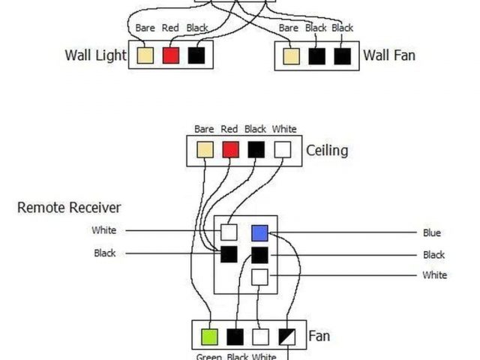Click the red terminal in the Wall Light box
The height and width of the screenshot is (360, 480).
171,55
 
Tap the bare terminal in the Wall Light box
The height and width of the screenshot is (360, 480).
145,55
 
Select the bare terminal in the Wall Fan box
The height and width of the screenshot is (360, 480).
292,56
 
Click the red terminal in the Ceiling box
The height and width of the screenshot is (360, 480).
230,149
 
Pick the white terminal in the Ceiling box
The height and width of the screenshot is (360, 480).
281,149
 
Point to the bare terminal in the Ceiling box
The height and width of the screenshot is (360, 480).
205,149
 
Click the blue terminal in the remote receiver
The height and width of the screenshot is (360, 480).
259,232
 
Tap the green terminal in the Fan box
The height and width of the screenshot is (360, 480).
209,337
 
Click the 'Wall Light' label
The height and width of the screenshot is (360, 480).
95,55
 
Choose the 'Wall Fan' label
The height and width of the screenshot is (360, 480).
389,55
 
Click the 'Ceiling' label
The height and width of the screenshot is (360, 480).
327,150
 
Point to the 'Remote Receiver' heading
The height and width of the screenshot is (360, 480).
69,207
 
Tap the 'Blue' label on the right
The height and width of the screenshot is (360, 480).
432,232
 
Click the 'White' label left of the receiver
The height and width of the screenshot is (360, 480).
104,230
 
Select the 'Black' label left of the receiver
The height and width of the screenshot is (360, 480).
105,253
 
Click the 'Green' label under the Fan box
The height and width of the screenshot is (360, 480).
208,356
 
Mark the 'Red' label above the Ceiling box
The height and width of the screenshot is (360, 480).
229,129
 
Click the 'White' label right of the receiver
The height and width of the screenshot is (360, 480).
434,275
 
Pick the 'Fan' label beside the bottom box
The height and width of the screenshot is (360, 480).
319,337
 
